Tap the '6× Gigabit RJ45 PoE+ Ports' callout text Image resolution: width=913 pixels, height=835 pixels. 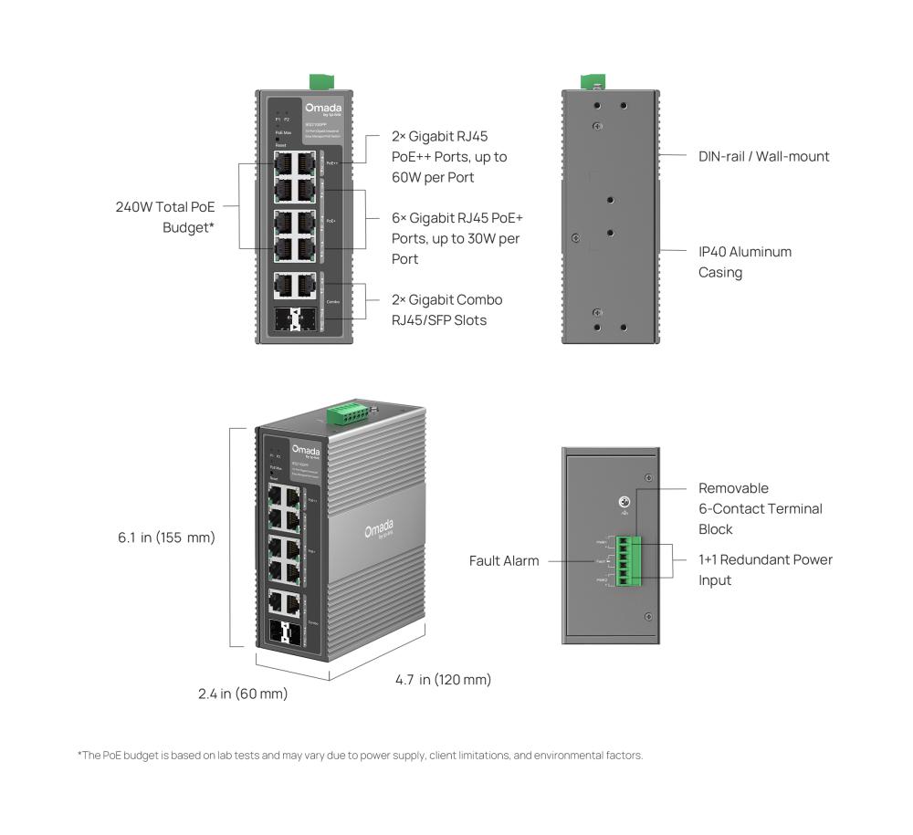pyautogui.click(x=456, y=238)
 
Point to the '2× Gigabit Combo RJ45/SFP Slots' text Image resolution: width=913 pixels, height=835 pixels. pyautogui.click(x=446, y=309)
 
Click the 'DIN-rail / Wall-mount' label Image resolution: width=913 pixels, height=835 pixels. pyautogui.click(x=763, y=156)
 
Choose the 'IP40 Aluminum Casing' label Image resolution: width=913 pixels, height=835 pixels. pyautogui.click(x=744, y=261)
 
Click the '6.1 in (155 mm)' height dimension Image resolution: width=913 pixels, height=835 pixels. pyautogui.click(x=166, y=538)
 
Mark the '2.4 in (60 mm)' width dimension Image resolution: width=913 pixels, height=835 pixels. pyautogui.click(x=243, y=694)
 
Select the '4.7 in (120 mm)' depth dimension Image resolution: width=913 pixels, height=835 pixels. pyautogui.click(x=443, y=679)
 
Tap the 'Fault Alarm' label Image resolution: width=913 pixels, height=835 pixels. pyautogui.click(x=504, y=560)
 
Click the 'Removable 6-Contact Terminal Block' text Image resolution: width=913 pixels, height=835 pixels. pyautogui.click(x=760, y=508)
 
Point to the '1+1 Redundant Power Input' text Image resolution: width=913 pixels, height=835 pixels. pyautogui.click(x=765, y=569)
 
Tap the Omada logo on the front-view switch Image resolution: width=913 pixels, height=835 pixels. pyautogui.click(x=322, y=108)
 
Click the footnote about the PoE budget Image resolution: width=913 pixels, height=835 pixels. pyautogui.click(x=361, y=756)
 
